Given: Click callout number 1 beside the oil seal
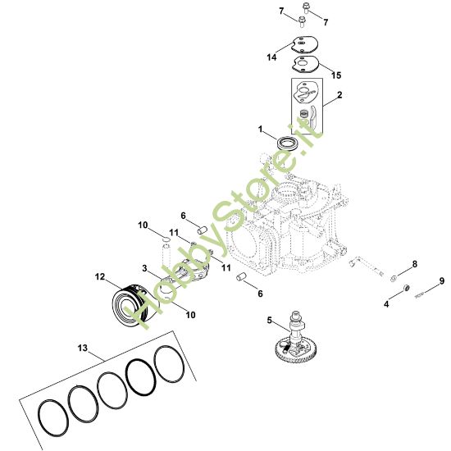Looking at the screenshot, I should pos(262,130).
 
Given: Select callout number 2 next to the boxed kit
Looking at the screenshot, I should pos(339,96).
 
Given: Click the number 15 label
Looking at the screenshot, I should pos(336,75).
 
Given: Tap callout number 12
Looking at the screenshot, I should pos(99,276).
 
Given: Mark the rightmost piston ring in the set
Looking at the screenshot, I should pos(168,364).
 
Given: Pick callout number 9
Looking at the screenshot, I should pos(442,281).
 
